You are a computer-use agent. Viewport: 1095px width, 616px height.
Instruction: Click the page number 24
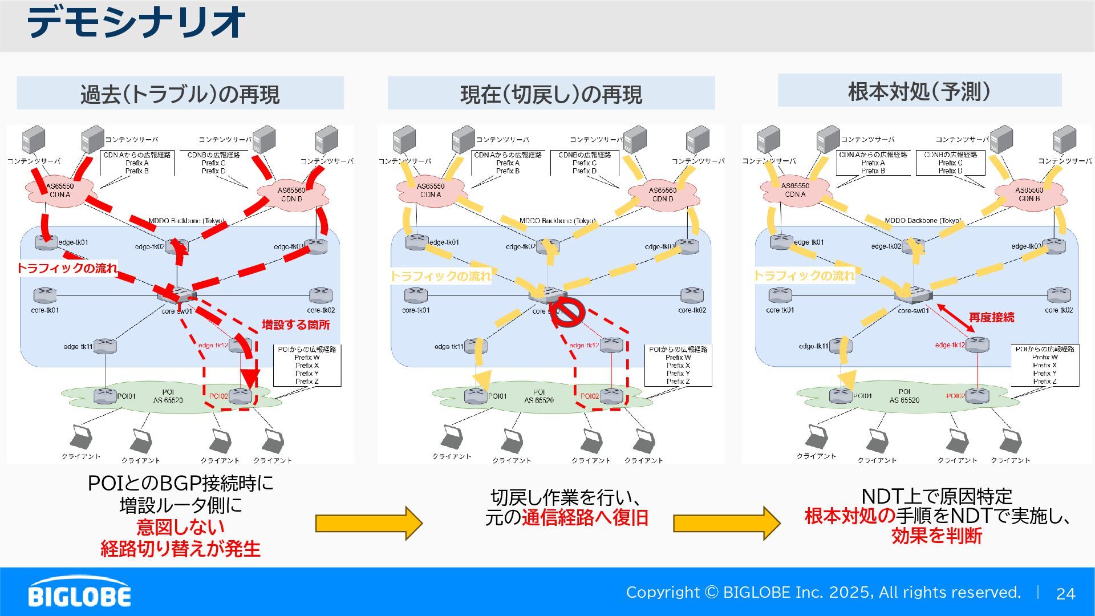point(1065,594)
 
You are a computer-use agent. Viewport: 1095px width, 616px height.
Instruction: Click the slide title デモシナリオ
point(136,23)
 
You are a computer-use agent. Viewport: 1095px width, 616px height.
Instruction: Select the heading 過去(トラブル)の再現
point(180,94)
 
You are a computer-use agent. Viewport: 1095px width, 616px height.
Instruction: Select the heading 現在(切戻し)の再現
point(551,94)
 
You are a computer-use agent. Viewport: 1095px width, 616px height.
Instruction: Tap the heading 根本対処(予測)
point(919,91)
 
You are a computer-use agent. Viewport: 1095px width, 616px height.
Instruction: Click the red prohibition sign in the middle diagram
point(567,313)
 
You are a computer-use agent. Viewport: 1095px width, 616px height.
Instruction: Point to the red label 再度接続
point(991,318)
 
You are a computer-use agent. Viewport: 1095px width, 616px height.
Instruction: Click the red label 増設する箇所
point(295,325)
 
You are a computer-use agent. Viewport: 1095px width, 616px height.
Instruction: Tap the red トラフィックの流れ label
point(67,268)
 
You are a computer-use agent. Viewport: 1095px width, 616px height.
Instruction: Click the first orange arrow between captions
point(369,522)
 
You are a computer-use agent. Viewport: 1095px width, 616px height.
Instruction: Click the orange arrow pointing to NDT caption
point(727,522)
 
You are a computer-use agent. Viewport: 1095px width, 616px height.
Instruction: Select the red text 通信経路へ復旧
point(585,517)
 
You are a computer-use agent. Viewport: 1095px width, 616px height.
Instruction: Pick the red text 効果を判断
point(936,536)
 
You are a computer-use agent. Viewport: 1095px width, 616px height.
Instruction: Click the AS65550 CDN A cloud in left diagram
point(59,191)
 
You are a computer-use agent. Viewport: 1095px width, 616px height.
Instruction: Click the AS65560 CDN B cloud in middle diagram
point(663,194)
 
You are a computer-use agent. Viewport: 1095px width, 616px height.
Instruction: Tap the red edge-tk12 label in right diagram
point(950,345)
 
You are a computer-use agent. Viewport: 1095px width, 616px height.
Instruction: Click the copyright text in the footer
point(823,593)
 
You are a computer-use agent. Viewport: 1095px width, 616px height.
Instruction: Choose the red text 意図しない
point(180,526)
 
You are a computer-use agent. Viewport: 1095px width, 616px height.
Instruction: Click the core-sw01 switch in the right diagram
point(913,295)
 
